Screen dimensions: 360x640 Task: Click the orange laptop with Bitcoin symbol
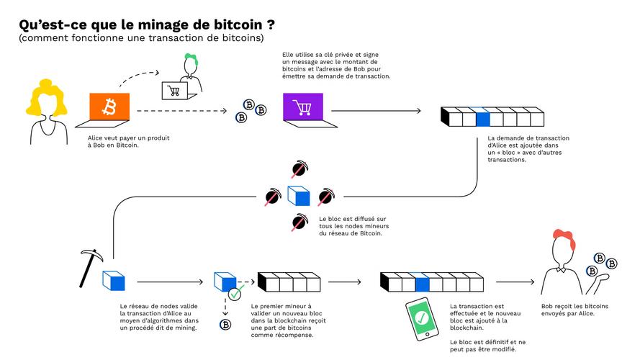point(109,109)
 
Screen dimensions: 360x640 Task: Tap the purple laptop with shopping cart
point(302,109)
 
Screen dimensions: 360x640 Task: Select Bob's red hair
point(562,237)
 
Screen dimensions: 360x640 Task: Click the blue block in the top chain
point(482,117)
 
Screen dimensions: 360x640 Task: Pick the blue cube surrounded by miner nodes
point(298,195)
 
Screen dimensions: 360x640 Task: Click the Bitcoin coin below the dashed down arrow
point(225,325)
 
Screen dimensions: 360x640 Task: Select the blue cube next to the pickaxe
point(113,281)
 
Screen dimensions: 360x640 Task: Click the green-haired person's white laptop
point(173,91)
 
